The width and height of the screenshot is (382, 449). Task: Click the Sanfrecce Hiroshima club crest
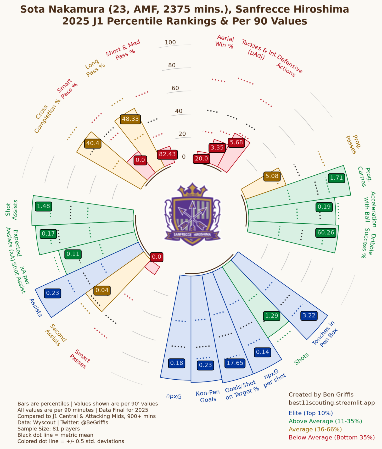192,214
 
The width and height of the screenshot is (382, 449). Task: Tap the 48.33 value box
130,119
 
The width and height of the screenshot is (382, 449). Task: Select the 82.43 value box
167,154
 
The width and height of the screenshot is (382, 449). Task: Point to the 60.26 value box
326,232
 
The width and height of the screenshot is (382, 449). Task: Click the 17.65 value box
235,363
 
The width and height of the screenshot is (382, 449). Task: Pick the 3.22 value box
309,315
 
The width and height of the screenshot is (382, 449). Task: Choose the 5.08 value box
272,176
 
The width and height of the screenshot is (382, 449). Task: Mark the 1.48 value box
43,206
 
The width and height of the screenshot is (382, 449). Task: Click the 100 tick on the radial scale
170,42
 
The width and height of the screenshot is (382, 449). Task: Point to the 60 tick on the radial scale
175,88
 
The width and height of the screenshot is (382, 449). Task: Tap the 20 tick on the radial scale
182,134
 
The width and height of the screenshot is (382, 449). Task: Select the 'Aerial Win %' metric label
225,42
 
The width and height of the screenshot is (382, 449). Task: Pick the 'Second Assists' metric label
56,335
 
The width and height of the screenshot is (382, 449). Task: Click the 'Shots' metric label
301,359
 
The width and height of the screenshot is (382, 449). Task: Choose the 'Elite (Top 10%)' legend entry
311,413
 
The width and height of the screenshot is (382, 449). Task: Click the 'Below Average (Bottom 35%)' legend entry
332,437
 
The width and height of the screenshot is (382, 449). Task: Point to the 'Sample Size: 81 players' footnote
49,429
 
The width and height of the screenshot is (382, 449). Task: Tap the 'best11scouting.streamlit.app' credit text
332,403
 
